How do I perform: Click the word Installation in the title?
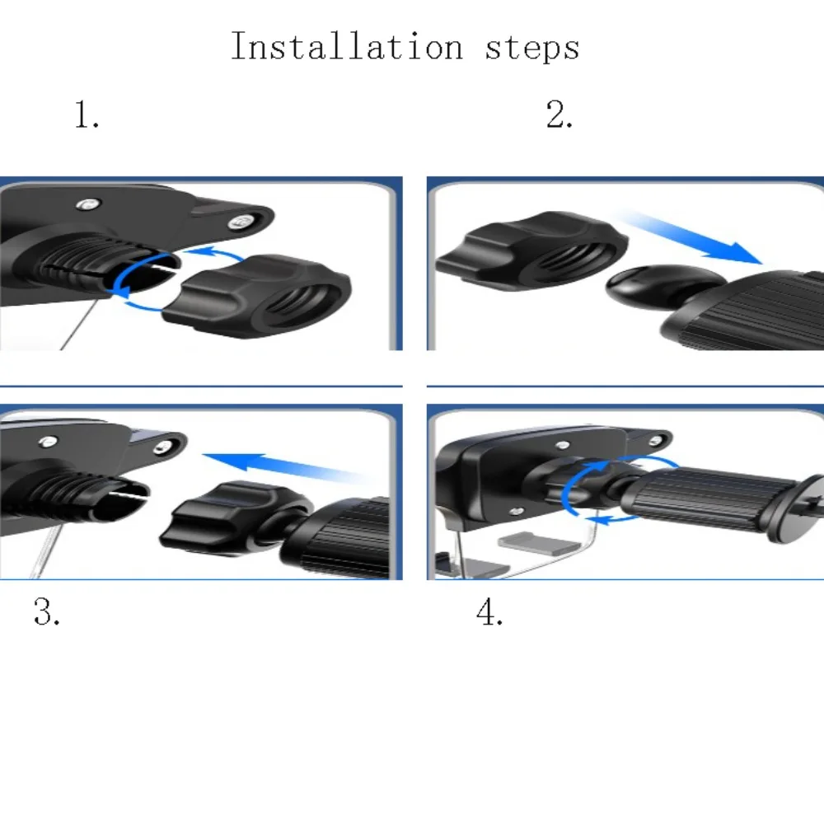point(346,46)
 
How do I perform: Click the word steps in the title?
point(532,48)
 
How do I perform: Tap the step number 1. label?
point(87,116)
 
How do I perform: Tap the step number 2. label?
point(559,115)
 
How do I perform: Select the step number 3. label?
point(46,612)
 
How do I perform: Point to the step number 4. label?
point(489,612)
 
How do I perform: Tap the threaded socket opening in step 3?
point(124,494)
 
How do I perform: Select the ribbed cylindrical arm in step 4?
point(700,499)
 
